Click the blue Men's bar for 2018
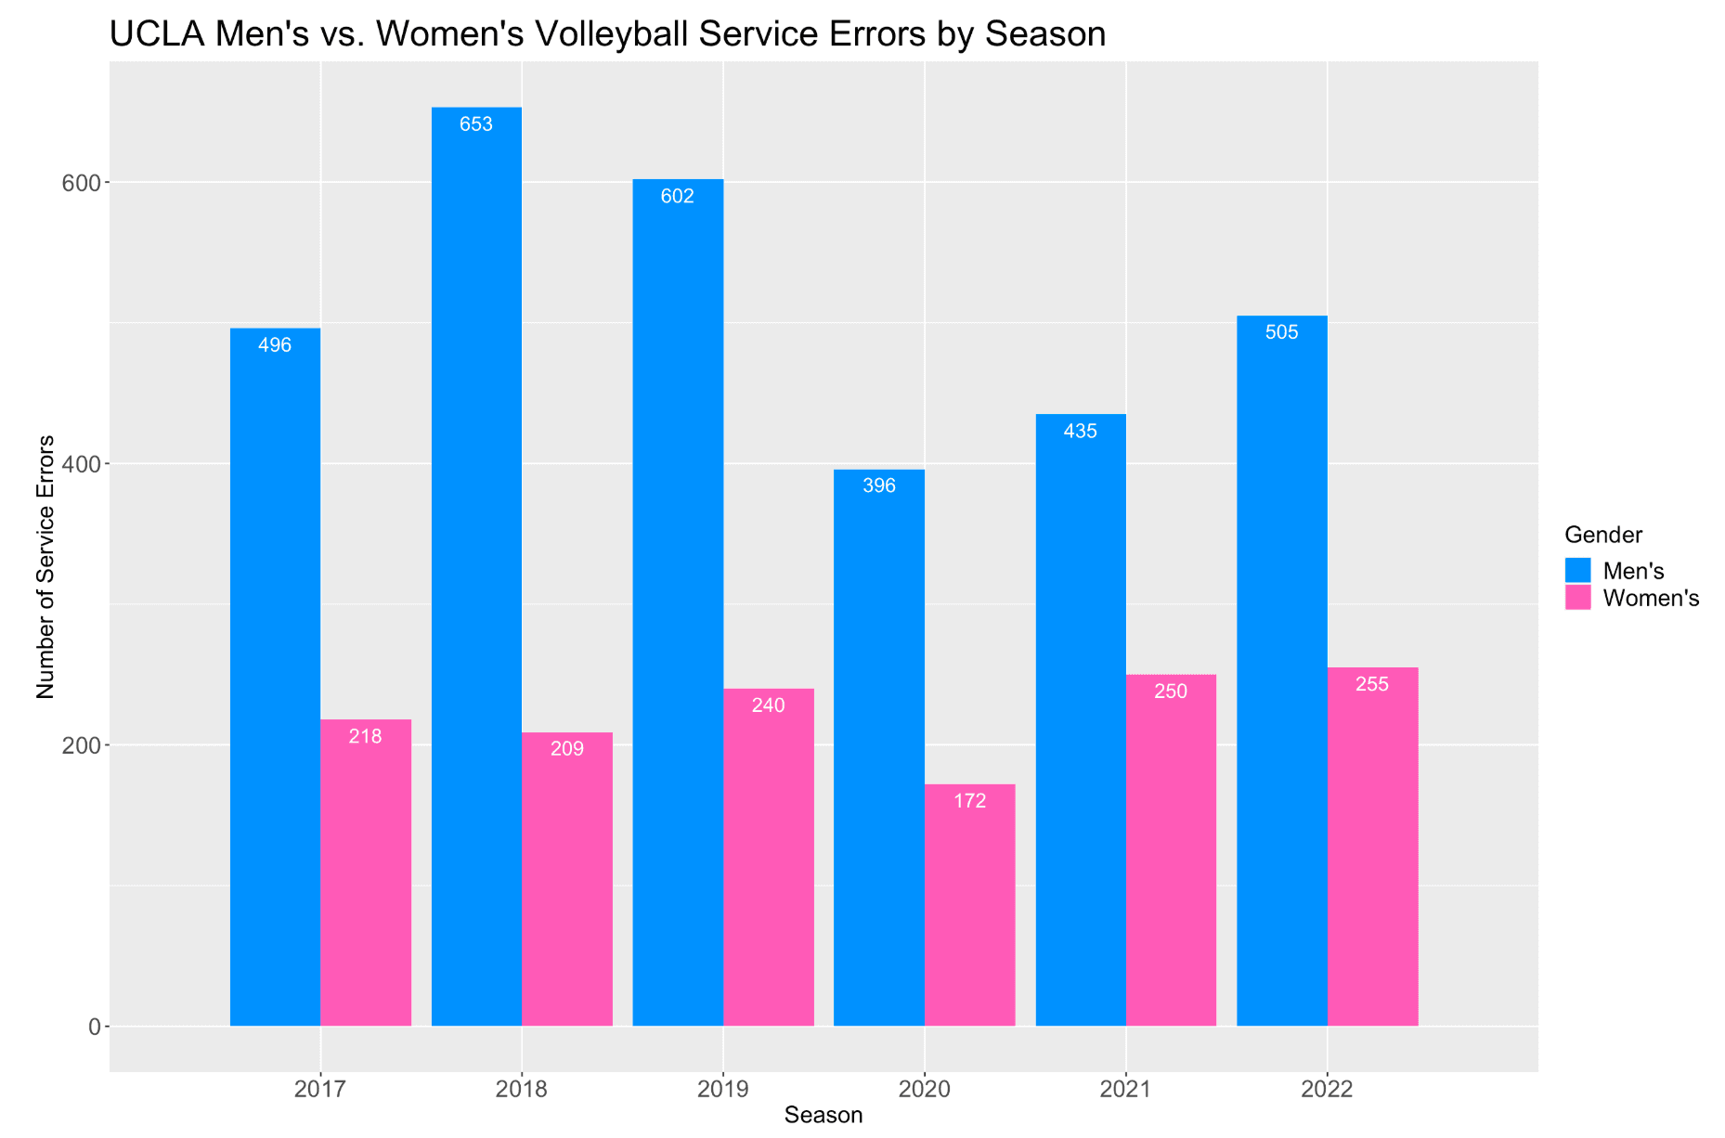476,566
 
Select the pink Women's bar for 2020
969,905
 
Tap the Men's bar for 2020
879,747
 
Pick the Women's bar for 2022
1372,847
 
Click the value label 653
476,124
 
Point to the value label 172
970,801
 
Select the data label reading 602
678,196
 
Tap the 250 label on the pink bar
1171,692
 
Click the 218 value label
366,736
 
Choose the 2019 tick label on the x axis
723,1089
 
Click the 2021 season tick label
1126,1089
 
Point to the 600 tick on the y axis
81,183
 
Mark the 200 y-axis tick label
81,745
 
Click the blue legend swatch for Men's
1577,570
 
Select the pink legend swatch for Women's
1577,598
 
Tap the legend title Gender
1603,535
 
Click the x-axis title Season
824,1116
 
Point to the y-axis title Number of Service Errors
45,566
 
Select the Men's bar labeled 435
1081,720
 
